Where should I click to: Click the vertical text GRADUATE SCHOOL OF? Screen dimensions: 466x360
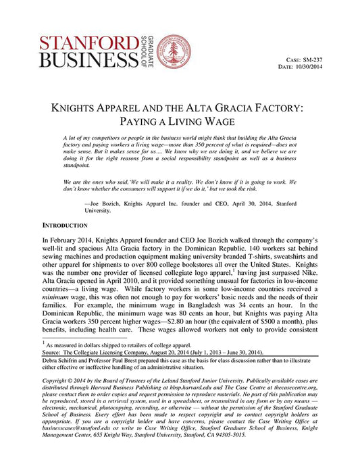point(149,51)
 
